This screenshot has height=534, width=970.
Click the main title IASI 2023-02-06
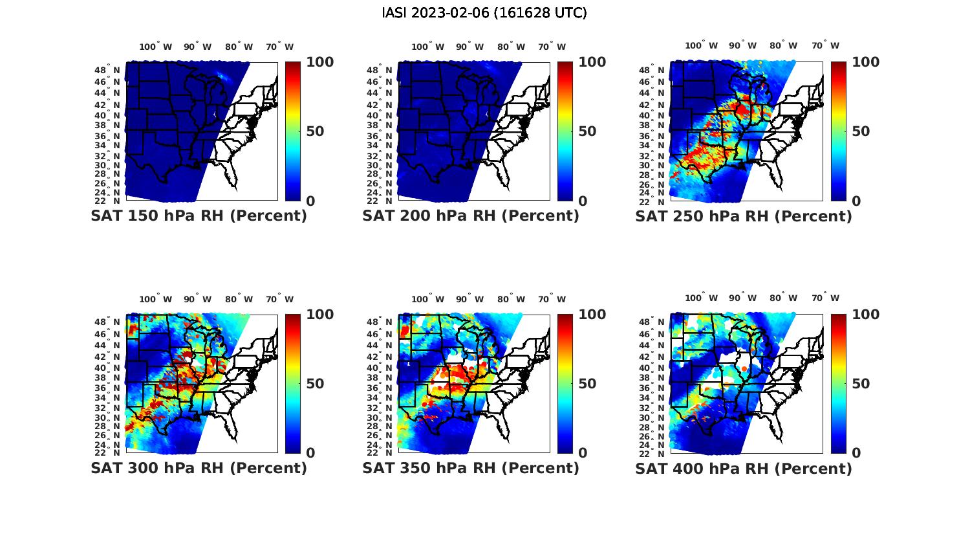tap(484, 13)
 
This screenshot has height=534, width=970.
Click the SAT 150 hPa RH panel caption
tap(199, 216)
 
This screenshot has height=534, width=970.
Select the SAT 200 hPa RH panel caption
tap(471, 216)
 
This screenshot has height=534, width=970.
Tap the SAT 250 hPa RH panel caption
tap(744, 216)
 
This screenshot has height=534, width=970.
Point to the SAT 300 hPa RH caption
tap(199, 468)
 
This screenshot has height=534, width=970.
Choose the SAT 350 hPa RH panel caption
tap(471, 468)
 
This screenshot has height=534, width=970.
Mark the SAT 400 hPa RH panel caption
tap(744, 468)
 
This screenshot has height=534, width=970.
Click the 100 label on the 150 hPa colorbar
tap(320, 62)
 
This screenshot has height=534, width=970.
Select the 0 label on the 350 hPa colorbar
tap(583, 453)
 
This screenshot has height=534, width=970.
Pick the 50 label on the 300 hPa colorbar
tap(315, 384)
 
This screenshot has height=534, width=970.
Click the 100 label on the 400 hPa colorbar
tap(865, 315)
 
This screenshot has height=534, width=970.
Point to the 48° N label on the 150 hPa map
tap(107, 70)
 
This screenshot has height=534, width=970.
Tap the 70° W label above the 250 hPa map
tap(825, 46)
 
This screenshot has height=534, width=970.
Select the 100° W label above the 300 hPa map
tap(156, 299)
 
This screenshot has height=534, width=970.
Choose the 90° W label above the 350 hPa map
tap(470, 299)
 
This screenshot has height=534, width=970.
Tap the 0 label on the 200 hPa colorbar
tap(583, 201)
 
